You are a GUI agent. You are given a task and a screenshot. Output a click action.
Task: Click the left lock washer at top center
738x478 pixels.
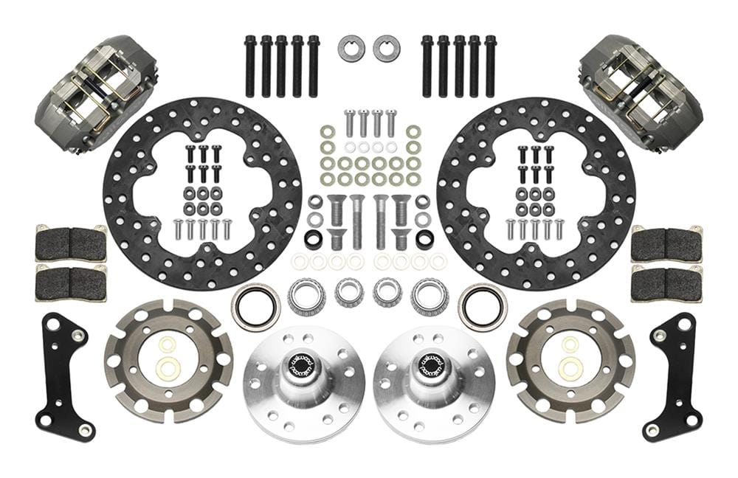pyautogui.click(x=351, y=49)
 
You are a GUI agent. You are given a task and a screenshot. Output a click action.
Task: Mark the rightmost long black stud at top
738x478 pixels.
pyautogui.click(x=490, y=66)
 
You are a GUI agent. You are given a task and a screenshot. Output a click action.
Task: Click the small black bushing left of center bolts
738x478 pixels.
pyautogui.click(x=313, y=240)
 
